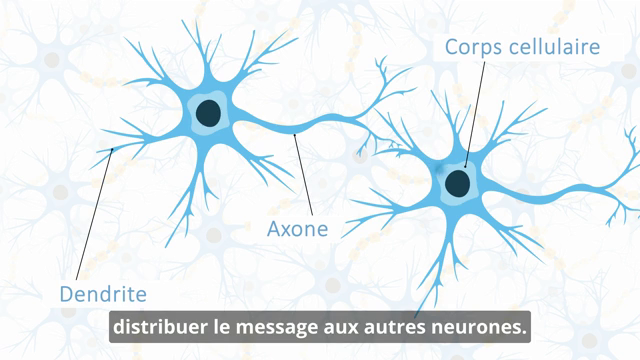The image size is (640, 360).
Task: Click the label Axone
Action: [x=297, y=229]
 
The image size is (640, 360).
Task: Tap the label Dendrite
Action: [x=103, y=294]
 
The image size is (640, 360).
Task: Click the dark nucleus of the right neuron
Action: [x=457, y=182]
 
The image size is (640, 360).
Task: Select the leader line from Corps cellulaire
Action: [x=473, y=110]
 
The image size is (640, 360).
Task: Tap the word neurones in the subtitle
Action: [x=484, y=327]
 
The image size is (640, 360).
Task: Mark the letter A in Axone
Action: [x=274, y=229]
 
